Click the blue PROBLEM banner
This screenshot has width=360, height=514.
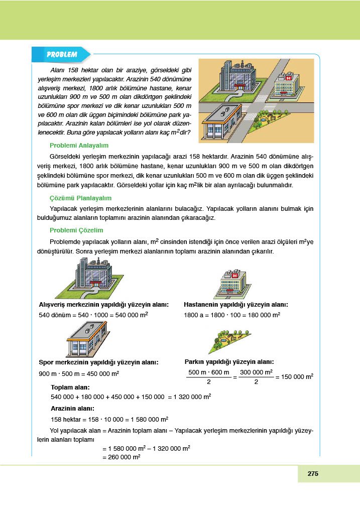tap(61, 54)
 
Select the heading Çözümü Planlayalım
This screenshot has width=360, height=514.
tap(80, 198)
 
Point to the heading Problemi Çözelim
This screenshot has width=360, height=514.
tap(76, 230)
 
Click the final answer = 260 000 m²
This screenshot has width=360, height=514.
tap(121, 457)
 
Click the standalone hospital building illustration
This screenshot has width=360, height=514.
tap(234, 283)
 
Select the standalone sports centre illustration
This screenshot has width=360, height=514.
tap(86, 339)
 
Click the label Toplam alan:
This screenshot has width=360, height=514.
tap(71, 388)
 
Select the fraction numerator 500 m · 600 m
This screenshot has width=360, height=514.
tap(208, 372)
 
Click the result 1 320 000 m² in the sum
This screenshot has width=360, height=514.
tap(191, 397)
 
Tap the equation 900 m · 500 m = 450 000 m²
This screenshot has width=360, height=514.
tap(79, 374)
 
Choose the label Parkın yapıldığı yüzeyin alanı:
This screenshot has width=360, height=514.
tap(229, 361)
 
